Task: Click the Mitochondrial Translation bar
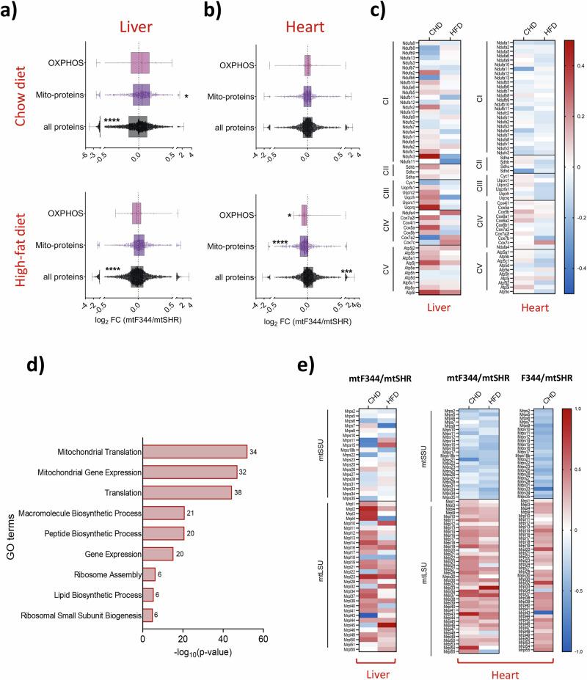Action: click(x=194, y=451)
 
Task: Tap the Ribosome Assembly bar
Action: click(x=148, y=574)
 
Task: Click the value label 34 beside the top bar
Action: click(x=252, y=451)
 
